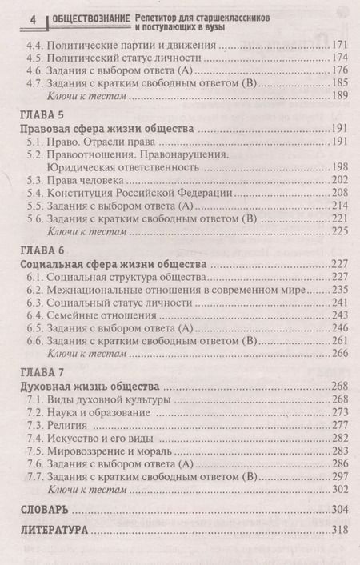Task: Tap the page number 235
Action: tap(342, 289)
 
